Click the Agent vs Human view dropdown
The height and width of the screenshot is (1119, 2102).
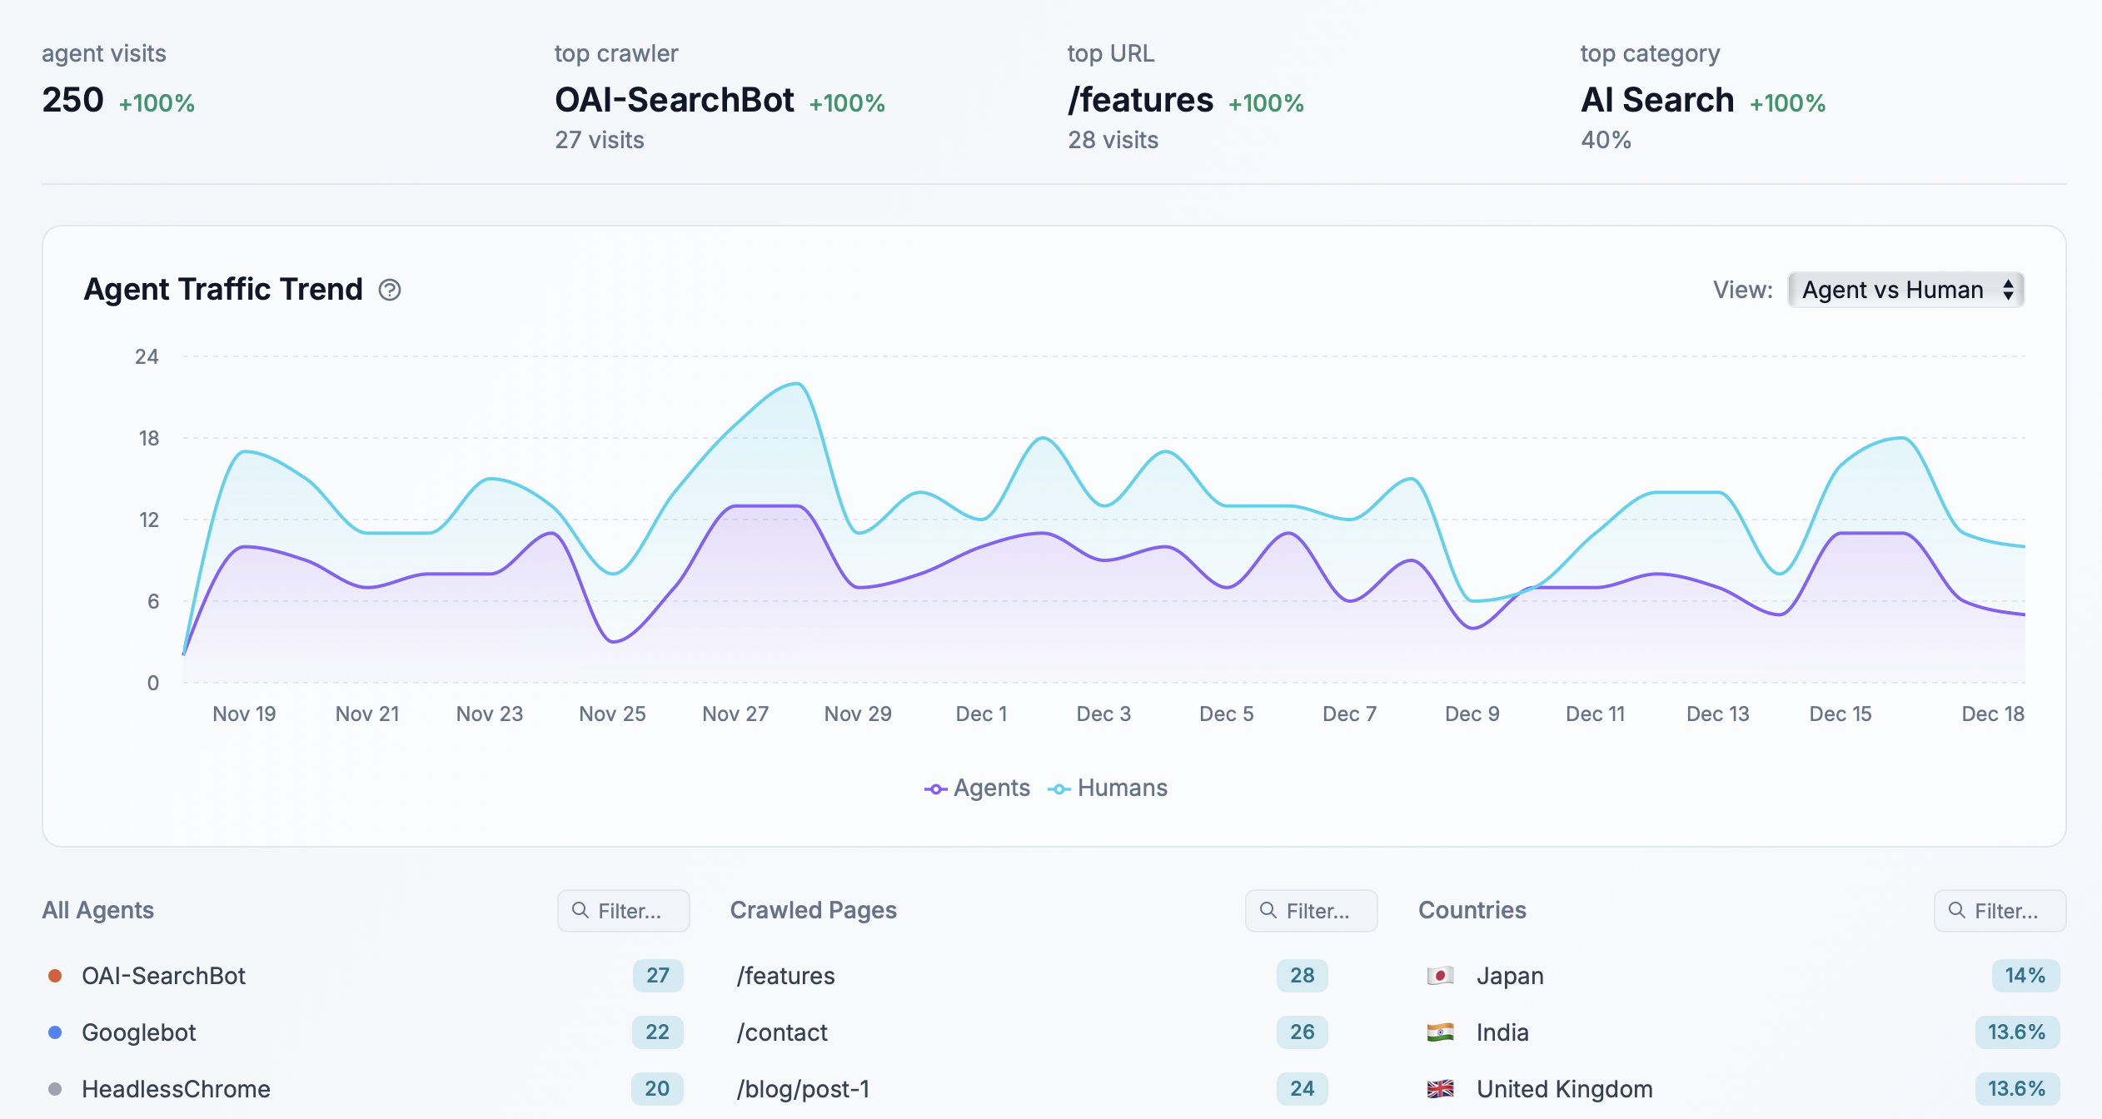pyautogui.click(x=1905, y=290)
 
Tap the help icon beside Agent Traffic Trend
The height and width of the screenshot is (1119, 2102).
pyautogui.click(x=390, y=290)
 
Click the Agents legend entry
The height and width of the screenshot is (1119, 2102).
pyautogui.click(x=978, y=788)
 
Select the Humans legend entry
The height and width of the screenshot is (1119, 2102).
pyautogui.click(x=1108, y=788)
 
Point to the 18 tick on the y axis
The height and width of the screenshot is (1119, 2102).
pyautogui.click(x=148, y=438)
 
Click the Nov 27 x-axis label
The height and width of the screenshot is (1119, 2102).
pyautogui.click(x=735, y=714)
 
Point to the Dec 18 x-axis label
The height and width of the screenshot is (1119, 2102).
pyautogui.click(x=1992, y=714)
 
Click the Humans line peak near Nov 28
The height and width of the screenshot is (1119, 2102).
pyautogui.click(x=797, y=384)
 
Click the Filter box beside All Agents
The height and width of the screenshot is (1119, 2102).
pyautogui.click(x=624, y=911)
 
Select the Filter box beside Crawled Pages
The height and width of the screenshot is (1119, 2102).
pyautogui.click(x=1312, y=911)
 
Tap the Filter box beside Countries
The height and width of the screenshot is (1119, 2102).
pyautogui.click(x=2000, y=911)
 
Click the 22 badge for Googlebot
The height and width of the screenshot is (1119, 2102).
pyautogui.click(x=657, y=1032)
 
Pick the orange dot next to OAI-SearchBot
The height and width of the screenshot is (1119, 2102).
pyautogui.click(x=55, y=976)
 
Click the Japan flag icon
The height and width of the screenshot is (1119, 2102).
pyautogui.click(x=1440, y=976)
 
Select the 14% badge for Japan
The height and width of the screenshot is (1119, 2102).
pyautogui.click(x=2025, y=976)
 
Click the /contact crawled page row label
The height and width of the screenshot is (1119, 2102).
pyautogui.click(x=782, y=1032)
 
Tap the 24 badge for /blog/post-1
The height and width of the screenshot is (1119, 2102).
pyautogui.click(x=1302, y=1089)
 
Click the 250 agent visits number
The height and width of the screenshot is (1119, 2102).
pyautogui.click(x=73, y=100)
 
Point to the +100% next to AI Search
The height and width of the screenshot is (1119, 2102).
pyautogui.click(x=1787, y=103)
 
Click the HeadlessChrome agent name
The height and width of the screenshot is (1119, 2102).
pyautogui.click(x=176, y=1089)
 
